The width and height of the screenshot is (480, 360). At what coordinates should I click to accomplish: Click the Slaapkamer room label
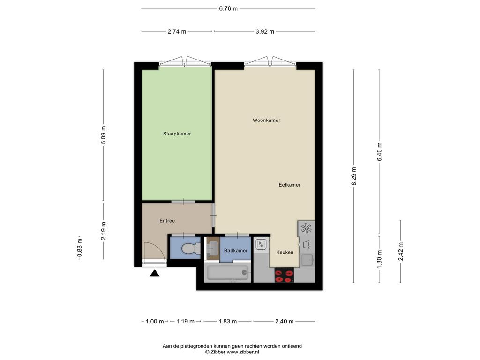point(177,134)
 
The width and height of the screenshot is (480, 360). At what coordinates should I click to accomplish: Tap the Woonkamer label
point(266,120)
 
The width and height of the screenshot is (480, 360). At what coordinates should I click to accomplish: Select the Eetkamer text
point(289,185)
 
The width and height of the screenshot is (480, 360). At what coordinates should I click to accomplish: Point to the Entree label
point(167,221)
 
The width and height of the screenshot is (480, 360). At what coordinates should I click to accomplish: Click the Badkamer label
point(236,251)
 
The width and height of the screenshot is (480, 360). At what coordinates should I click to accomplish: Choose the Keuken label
point(285,252)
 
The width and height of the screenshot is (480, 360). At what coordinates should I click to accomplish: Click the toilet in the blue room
point(190,248)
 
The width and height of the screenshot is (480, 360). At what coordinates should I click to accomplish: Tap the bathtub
point(228,272)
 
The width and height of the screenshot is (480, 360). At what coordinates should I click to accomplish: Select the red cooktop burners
point(285,275)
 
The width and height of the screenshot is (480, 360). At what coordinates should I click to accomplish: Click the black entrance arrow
point(155,273)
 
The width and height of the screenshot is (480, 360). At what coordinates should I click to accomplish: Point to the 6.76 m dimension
point(228,8)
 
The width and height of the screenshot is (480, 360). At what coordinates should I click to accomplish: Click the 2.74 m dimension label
point(177,31)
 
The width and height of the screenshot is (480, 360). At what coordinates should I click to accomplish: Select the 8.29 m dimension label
point(354,176)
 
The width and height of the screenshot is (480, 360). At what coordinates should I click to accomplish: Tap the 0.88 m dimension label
point(80,247)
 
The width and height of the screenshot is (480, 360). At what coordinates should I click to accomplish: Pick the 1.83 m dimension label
point(228,322)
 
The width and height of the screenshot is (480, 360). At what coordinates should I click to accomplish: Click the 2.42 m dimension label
point(401,251)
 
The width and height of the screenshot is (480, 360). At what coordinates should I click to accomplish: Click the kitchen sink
point(307,260)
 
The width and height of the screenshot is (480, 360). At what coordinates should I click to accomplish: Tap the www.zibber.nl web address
point(243,352)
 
